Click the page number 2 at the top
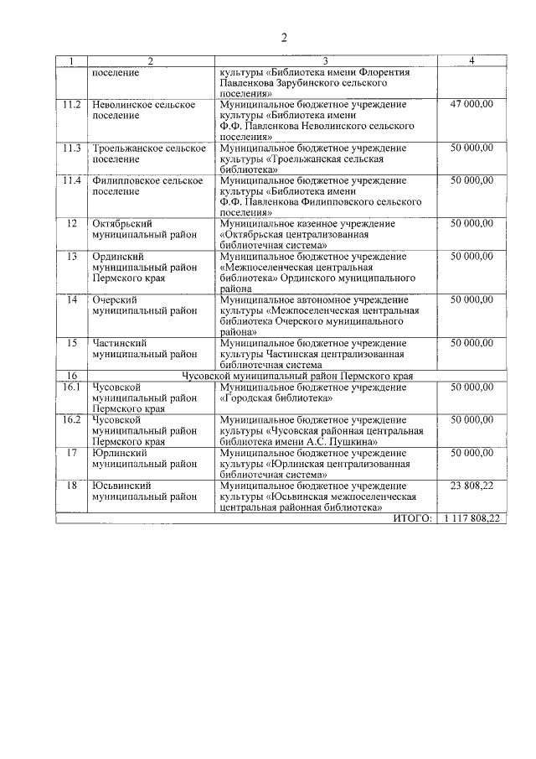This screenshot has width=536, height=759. (x=284, y=38)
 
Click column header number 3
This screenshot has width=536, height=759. (x=325, y=61)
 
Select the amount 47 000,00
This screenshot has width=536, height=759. (x=472, y=104)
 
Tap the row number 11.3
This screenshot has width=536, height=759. (x=72, y=148)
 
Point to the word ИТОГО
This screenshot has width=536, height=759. (x=412, y=519)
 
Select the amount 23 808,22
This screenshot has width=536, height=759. (x=472, y=486)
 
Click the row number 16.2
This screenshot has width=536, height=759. (x=72, y=419)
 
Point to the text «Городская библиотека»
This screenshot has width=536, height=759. (x=276, y=398)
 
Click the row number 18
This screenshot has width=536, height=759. (x=72, y=486)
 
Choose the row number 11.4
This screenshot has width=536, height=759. (x=72, y=180)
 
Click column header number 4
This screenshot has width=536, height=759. (x=472, y=61)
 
